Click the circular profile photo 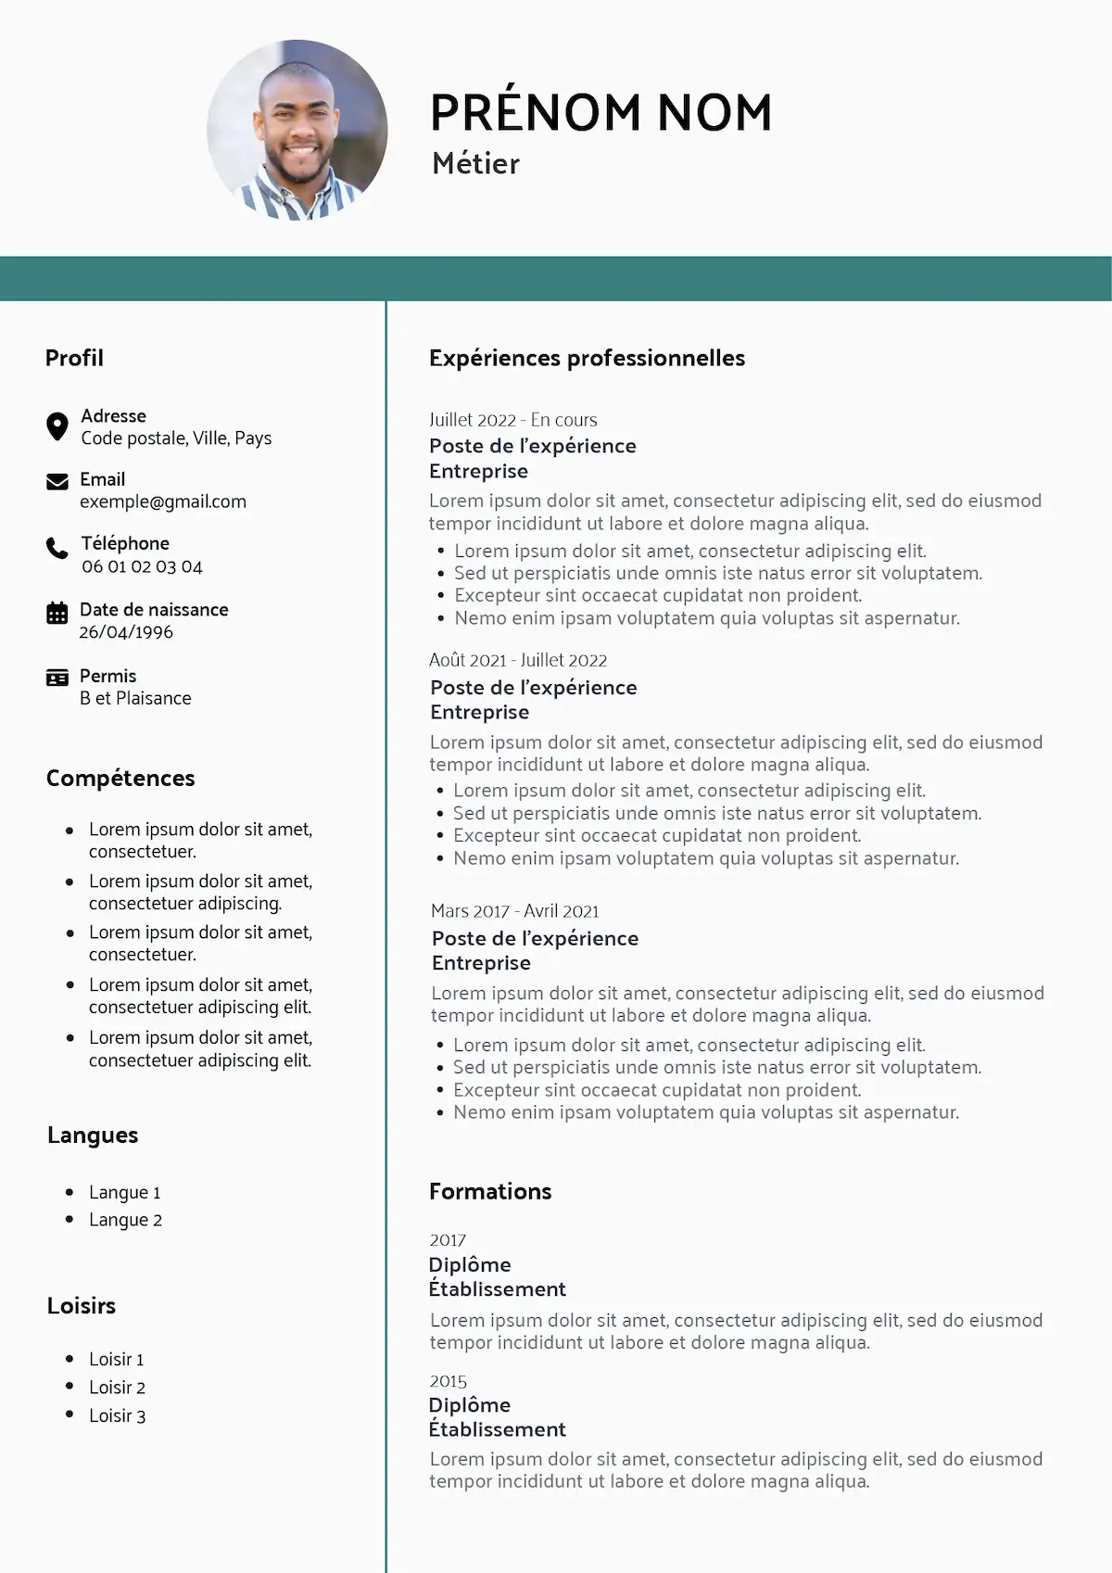(297, 130)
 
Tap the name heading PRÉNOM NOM (600, 113)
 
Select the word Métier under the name (475, 164)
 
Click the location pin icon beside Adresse (57, 426)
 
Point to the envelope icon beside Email (57, 481)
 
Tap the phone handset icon (57, 548)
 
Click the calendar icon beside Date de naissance (57, 613)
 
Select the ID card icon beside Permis (57, 678)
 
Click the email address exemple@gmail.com (163, 502)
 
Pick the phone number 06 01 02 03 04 (142, 566)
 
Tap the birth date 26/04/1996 (126, 632)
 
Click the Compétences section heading (120, 779)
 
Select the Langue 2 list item (125, 1220)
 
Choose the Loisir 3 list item (117, 1415)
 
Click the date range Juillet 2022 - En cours (512, 420)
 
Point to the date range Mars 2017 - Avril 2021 (515, 911)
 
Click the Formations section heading (490, 1192)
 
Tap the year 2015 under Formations (448, 1381)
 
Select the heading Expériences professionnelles (587, 359)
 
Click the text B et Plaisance (135, 699)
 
